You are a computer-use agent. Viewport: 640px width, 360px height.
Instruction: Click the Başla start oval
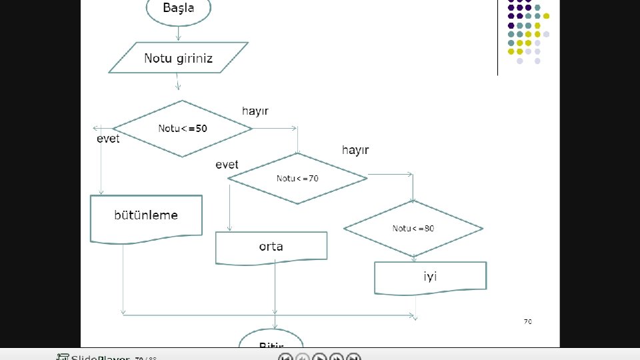[179, 9]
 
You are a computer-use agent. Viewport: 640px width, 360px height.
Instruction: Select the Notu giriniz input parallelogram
[178, 58]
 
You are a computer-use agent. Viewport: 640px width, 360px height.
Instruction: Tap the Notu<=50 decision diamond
[182, 129]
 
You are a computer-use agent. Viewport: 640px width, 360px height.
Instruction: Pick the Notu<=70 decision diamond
[297, 178]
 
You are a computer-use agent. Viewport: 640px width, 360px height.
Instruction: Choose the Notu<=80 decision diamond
[413, 228]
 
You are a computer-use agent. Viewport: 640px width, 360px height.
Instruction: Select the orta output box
[271, 247]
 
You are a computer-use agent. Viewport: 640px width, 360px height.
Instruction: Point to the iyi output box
[430, 277]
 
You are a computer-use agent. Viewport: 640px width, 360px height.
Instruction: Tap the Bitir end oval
[271, 341]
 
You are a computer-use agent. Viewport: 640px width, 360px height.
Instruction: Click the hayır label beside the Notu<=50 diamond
[255, 111]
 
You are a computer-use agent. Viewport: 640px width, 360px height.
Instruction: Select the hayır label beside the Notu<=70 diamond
[355, 150]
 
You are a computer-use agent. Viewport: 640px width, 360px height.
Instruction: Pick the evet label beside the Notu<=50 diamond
[109, 139]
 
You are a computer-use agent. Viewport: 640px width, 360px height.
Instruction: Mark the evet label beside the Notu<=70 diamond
[227, 164]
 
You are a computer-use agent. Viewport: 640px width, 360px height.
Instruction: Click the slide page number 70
[527, 321]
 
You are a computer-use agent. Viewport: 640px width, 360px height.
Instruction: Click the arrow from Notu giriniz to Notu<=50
[178, 82]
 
